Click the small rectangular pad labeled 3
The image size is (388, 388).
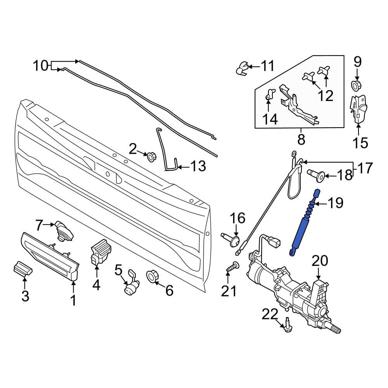[23, 269]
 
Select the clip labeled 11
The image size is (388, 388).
[242, 69]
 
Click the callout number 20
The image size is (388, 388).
[320, 260]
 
